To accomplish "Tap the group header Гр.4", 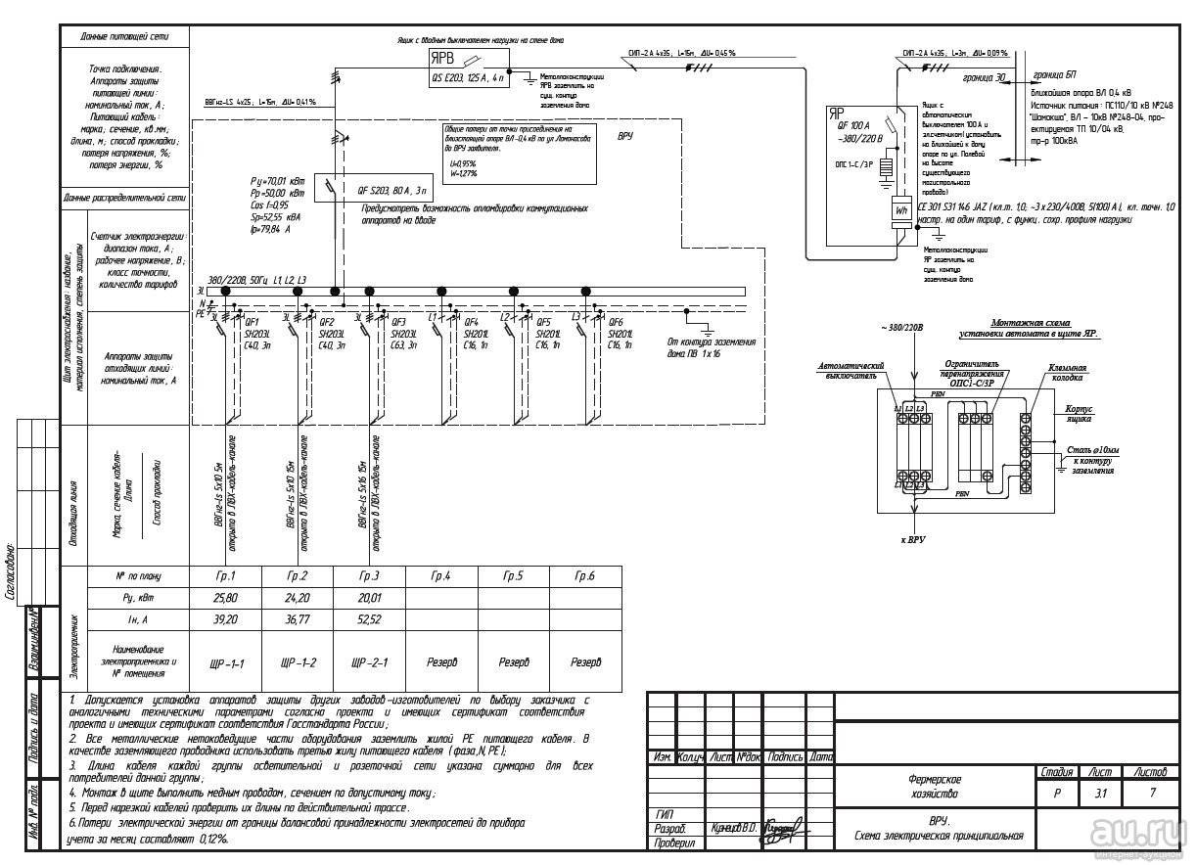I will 441,576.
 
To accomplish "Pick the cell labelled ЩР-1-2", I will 298,662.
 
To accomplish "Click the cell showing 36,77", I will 298,618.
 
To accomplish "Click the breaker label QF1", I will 252,322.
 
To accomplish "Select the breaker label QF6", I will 617,322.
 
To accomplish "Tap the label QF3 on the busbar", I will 398,322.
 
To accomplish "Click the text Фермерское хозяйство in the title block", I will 935,786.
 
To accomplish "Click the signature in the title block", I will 782,827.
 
